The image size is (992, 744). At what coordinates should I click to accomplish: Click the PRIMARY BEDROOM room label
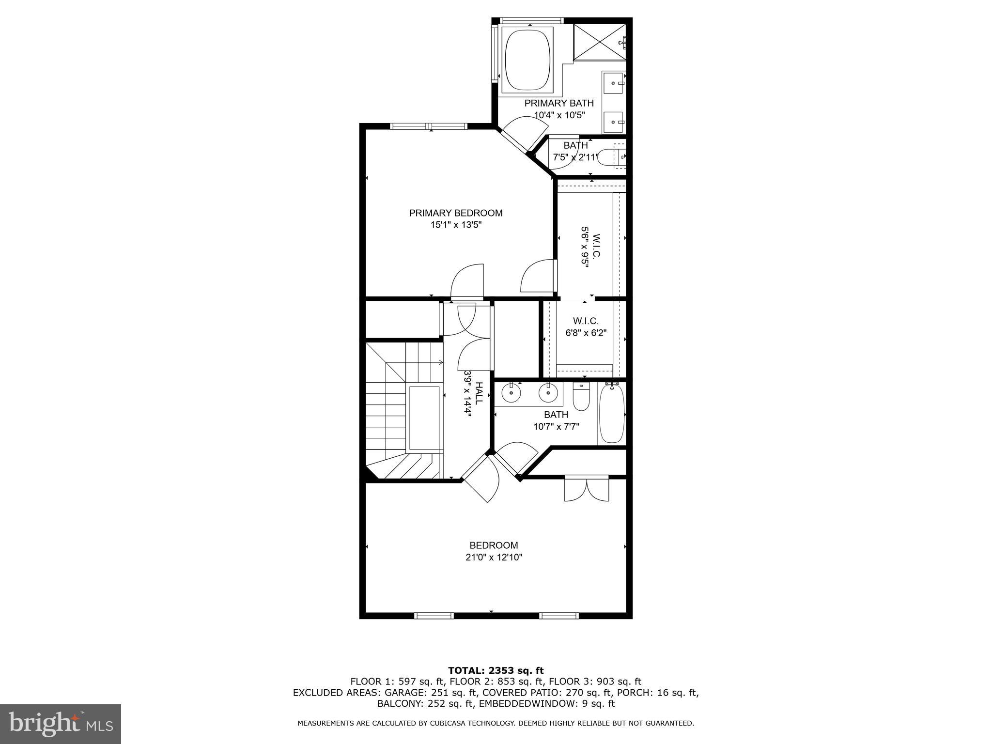455,213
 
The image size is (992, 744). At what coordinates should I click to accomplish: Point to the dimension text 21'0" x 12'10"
494,558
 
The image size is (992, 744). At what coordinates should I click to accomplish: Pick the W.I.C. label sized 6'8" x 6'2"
586,321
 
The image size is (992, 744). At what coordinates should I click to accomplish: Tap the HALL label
479,393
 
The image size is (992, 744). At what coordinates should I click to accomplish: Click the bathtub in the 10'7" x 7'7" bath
612,414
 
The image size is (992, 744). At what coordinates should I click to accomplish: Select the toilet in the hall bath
580,397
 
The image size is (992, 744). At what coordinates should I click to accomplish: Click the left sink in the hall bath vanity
511,393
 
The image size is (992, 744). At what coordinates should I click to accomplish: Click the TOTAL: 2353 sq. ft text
496,670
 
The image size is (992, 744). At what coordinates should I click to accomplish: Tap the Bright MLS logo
61,724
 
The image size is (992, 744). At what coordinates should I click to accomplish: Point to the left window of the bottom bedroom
434,616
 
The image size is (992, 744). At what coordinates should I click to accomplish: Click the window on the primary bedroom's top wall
429,126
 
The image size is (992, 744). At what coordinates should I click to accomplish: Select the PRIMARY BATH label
558,103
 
